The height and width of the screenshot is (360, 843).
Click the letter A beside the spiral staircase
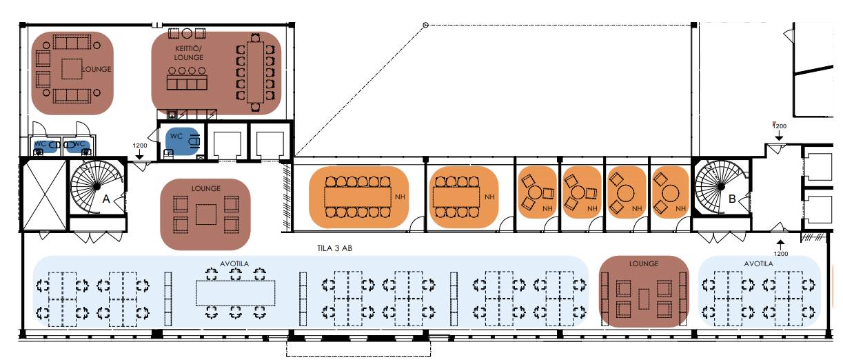click(x=106, y=198)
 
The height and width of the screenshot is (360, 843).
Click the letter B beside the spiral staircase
click(x=732, y=199)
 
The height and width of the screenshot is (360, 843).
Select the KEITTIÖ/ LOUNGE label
click(x=188, y=54)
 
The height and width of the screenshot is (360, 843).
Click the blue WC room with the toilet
click(x=181, y=139)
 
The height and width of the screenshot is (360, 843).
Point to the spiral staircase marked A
click(x=93, y=184)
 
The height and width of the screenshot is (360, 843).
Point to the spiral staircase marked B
click(x=718, y=186)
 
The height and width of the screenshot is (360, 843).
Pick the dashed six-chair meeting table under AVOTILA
click(x=236, y=292)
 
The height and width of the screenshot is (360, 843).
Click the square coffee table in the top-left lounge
click(x=71, y=70)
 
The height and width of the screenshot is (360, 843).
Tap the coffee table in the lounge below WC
click(x=205, y=214)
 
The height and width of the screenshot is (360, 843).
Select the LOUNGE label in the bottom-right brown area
click(x=644, y=264)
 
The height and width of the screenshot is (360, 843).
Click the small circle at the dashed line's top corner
click(x=425, y=26)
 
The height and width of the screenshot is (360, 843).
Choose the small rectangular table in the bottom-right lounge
click(x=644, y=298)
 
